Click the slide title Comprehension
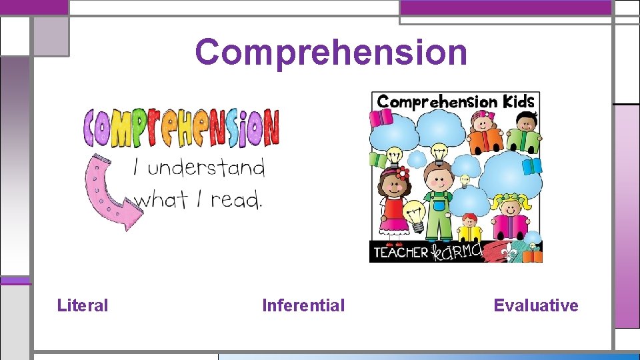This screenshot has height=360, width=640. pos(331,52)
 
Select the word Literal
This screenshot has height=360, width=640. pos(83,306)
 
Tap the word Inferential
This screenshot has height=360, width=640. pos(303,306)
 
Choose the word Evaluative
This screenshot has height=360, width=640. pos(536,306)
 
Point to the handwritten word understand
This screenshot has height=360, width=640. pos(206,167)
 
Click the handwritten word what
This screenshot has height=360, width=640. pos(160,199)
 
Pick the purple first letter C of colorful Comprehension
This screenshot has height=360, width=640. pos(93,128)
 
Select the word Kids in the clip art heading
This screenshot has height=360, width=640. pos(518,101)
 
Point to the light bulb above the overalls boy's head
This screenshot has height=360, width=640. pos(439,152)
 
